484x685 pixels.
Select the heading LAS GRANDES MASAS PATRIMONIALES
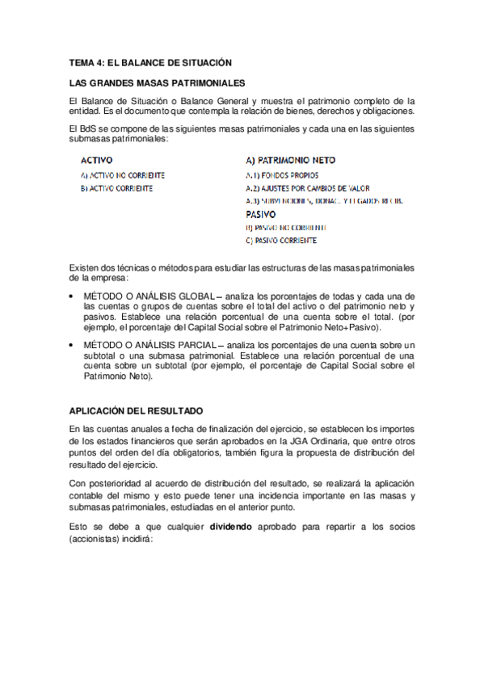point(158,83)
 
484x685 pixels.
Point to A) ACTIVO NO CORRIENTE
point(123,174)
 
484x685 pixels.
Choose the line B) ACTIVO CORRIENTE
point(116,188)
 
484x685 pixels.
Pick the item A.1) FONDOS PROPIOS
point(282,174)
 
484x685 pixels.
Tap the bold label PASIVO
point(261,215)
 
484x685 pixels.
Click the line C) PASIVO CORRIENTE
point(281,241)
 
